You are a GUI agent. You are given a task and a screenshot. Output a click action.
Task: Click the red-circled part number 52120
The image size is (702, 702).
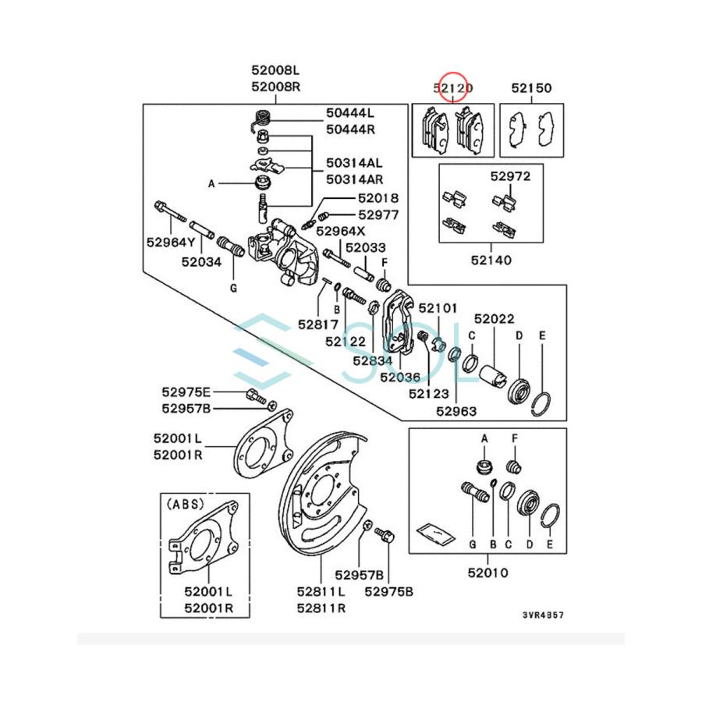(x=452, y=88)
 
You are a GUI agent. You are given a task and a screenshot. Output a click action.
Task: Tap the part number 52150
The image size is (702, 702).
(x=531, y=88)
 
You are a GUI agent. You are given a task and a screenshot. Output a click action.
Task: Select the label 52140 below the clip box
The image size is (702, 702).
(x=491, y=260)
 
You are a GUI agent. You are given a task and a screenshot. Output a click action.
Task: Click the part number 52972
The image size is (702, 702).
(x=511, y=176)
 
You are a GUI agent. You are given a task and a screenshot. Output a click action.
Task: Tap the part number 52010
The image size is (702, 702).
(x=488, y=573)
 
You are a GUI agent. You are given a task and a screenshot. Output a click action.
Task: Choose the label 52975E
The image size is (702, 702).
(x=186, y=392)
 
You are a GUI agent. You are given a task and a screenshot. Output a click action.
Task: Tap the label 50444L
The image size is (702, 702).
(x=350, y=115)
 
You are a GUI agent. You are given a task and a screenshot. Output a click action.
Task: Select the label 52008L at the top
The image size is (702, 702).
(x=275, y=72)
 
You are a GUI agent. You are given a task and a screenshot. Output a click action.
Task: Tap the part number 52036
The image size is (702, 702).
(x=401, y=377)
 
